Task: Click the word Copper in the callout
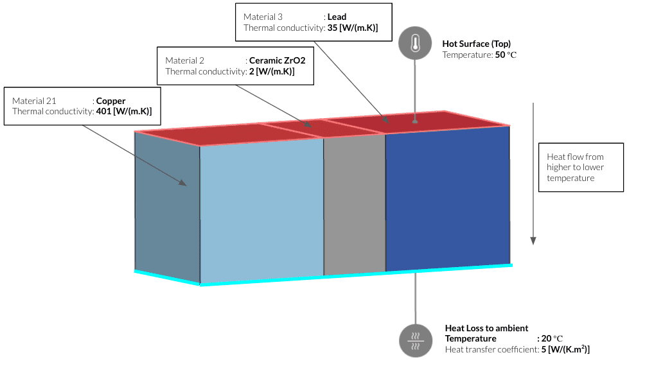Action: click(110, 101)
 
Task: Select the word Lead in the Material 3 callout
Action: click(337, 17)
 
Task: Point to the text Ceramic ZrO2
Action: click(277, 60)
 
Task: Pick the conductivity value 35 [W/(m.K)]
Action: click(353, 28)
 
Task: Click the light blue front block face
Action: click(261, 211)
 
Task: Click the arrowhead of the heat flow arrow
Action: click(533, 241)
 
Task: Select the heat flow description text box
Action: click(581, 167)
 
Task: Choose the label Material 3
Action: click(263, 17)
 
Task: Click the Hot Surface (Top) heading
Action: click(476, 44)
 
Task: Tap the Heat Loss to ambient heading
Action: click(486, 328)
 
